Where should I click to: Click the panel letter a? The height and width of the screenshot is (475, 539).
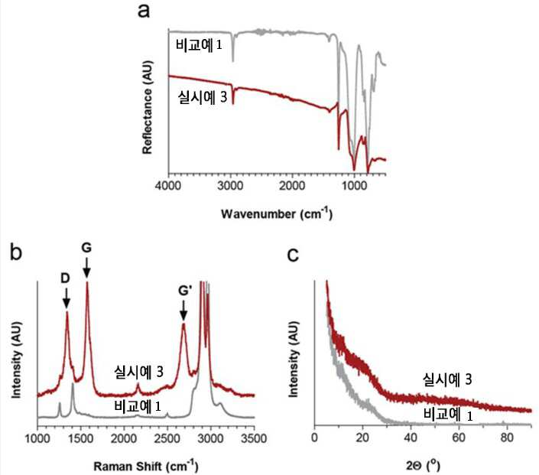click(x=144, y=11)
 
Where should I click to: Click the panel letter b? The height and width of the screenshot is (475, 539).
click(x=16, y=252)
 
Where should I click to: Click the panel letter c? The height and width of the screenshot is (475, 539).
click(x=293, y=255)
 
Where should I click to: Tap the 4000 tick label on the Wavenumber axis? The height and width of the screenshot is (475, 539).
click(x=168, y=186)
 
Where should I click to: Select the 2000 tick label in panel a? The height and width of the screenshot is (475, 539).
click(x=292, y=186)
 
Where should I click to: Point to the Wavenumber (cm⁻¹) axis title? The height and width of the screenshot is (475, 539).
click(x=277, y=213)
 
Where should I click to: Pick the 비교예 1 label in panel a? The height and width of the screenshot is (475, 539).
click(x=199, y=45)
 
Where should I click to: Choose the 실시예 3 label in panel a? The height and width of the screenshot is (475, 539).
click(x=202, y=97)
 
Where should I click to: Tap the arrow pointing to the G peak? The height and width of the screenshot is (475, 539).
click(x=87, y=267)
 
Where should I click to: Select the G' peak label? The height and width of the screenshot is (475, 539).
click(x=184, y=291)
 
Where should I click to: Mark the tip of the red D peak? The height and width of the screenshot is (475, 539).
click(x=67, y=311)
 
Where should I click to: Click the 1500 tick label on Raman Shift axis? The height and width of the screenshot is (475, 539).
click(x=80, y=438)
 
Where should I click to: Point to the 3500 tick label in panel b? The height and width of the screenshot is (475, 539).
click(x=254, y=438)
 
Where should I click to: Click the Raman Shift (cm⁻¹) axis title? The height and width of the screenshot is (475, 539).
click(x=146, y=466)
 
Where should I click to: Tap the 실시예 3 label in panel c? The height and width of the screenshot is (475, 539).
click(x=447, y=379)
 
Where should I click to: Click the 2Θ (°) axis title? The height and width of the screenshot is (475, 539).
click(x=423, y=465)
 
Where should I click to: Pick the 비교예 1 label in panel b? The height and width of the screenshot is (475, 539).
click(x=137, y=406)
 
